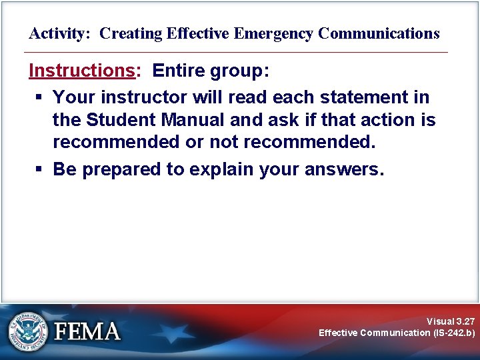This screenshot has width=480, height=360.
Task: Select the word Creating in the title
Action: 127,33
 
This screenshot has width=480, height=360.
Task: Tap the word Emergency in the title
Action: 275,33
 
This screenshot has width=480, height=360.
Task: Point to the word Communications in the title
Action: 379,33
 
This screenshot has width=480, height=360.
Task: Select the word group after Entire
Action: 241,71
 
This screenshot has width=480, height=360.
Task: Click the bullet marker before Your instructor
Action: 39,97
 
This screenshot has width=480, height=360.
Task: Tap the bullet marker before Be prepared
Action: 39,169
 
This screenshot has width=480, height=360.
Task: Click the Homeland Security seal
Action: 28,331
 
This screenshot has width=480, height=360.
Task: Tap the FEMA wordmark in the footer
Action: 87,331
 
